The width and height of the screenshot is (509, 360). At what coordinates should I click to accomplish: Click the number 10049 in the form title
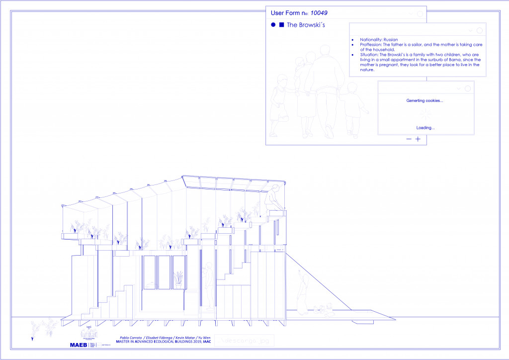pyautogui.click(x=319, y=13)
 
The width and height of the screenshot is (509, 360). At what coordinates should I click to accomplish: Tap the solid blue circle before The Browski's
pyautogui.click(x=273, y=24)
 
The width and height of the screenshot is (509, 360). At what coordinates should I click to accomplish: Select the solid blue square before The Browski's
pyautogui.click(x=281, y=24)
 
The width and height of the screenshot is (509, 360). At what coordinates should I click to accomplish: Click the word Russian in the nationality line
pyautogui.click(x=391, y=39)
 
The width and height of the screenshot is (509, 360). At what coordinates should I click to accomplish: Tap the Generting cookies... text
pyautogui.click(x=424, y=100)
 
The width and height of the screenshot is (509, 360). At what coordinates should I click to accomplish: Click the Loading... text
pyautogui.click(x=425, y=128)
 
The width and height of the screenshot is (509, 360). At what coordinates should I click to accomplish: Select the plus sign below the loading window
pyautogui.click(x=418, y=139)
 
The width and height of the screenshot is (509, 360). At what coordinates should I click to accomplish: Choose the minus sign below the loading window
pyautogui.click(x=409, y=139)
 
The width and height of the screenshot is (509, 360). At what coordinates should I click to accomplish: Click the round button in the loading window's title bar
pyautogui.click(x=467, y=88)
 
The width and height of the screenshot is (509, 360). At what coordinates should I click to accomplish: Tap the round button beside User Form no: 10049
pyautogui.click(x=420, y=14)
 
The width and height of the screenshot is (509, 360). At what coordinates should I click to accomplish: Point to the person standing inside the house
pyautogui.click(x=210, y=286)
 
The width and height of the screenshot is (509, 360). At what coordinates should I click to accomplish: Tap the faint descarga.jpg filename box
pyautogui.click(x=244, y=341)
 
